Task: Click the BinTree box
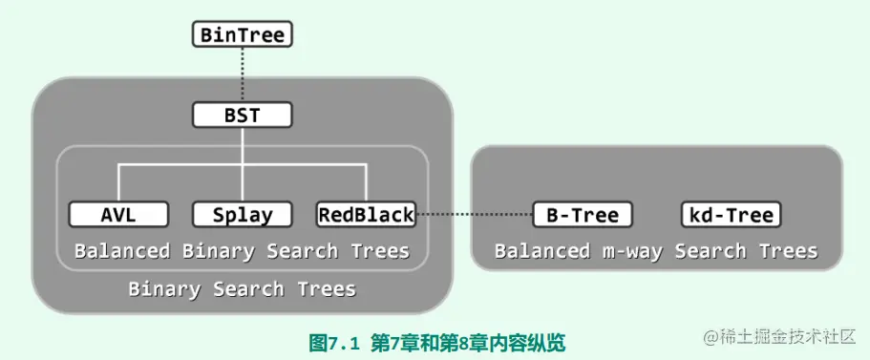point(243,35)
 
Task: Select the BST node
point(243,116)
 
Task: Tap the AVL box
point(118,215)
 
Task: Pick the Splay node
point(243,215)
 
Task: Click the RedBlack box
point(367,215)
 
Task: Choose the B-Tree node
point(583,215)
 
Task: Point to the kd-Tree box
point(732,215)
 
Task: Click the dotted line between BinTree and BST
point(243,75)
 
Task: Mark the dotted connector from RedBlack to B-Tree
point(475,215)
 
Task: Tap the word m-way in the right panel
point(631,251)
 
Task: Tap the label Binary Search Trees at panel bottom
point(243,288)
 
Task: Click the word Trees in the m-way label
point(787,251)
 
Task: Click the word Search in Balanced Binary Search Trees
point(303,251)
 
